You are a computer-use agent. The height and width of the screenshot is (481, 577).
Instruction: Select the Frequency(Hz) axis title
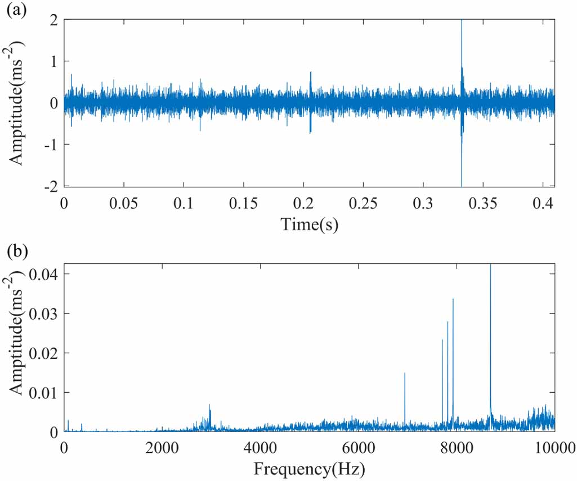tap(309, 468)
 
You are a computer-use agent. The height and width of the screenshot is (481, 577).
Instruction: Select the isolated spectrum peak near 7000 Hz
tap(405, 374)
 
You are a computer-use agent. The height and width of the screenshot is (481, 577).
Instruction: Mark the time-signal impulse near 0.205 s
tap(310, 73)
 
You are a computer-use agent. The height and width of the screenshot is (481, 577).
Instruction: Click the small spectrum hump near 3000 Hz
tap(209, 406)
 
